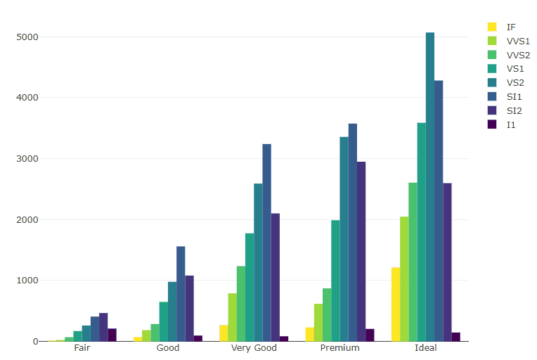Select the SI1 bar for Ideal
click(x=439, y=211)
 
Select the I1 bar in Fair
click(x=112, y=335)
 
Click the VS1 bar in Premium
click(x=335, y=281)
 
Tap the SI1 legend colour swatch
click(x=493, y=96)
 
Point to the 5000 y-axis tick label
click(x=27, y=37)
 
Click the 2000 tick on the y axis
click(x=27, y=219)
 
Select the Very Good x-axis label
click(x=254, y=348)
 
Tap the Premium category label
click(x=339, y=348)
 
